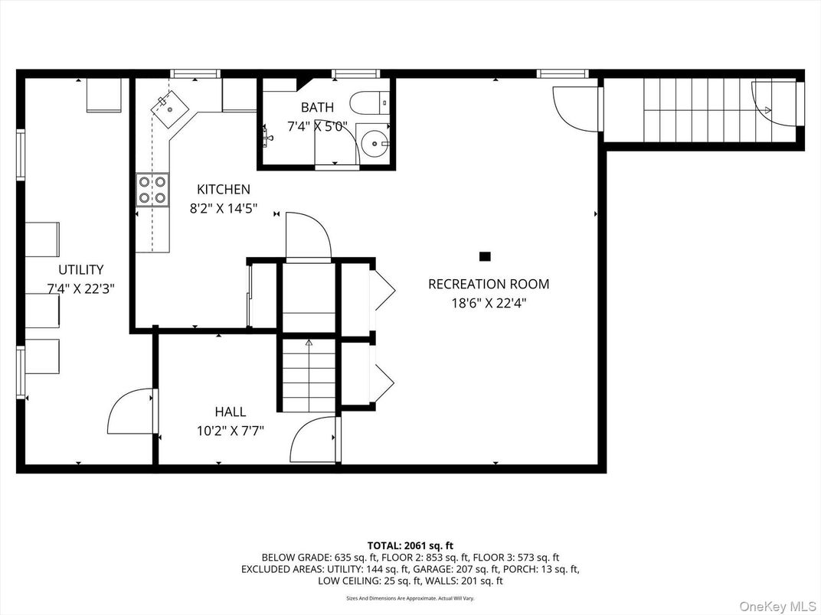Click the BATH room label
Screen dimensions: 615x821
click(x=317, y=108)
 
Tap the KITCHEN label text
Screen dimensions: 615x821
click(x=224, y=190)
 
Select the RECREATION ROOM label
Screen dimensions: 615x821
click(x=489, y=285)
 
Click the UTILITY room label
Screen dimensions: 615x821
click(x=81, y=270)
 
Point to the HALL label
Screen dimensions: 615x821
click(x=231, y=412)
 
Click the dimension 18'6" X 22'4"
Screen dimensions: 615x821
click(x=489, y=303)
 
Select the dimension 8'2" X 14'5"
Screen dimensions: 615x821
click(x=224, y=207)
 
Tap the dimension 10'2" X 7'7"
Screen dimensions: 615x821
click(x=231, y=431)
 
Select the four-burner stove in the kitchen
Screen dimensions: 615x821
click(x=152, y=190)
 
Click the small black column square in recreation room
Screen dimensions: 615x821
click(x=484, y=256)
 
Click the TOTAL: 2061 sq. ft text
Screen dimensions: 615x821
click(x=410, y=545)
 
